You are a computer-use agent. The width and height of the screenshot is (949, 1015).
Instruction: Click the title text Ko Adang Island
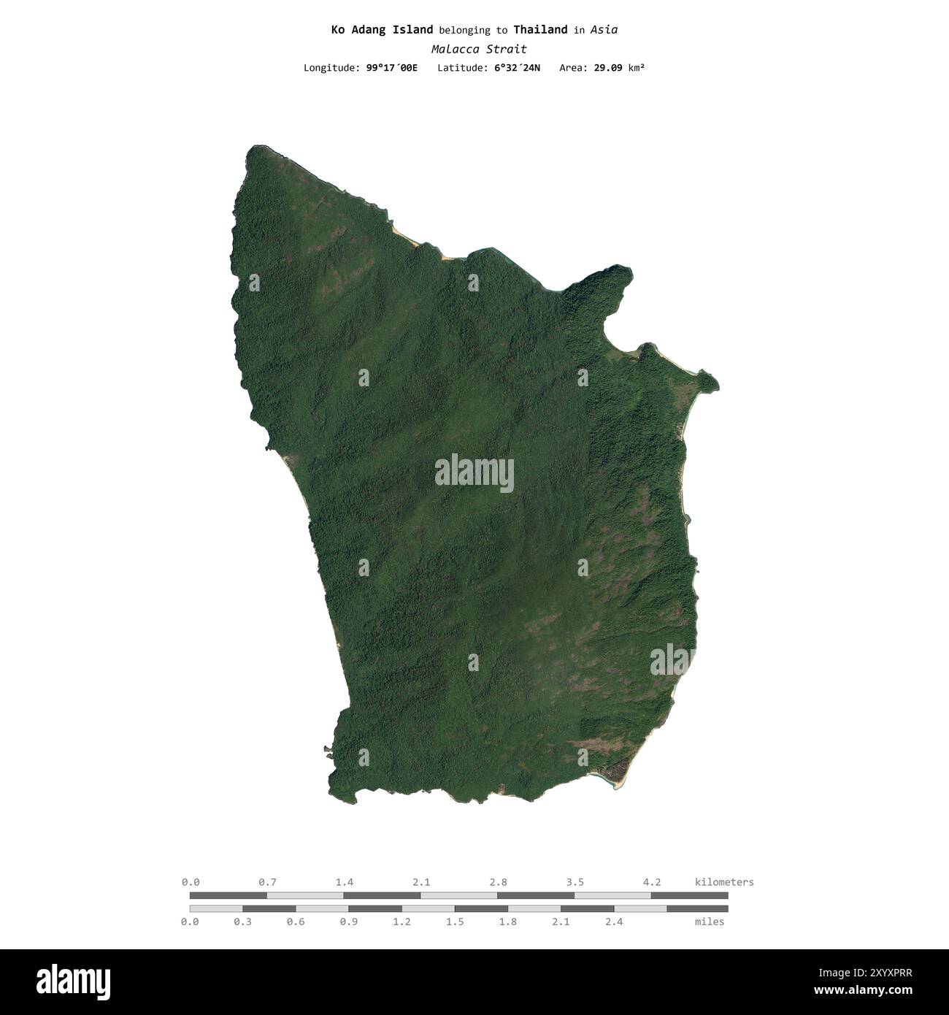tap(382, 30)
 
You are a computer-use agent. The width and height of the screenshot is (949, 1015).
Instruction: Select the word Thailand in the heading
tap(540, 30)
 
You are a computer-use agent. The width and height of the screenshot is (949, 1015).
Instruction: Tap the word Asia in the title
tap(604, 30)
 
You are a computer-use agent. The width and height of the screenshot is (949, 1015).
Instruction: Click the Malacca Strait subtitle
tap(478, 50)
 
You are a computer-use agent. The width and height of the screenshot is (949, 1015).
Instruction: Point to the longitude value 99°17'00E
tap(392, 68)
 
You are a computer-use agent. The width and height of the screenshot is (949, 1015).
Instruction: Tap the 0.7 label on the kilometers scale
tap(268, 882)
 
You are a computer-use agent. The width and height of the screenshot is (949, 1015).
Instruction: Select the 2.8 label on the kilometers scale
tap(499, 882)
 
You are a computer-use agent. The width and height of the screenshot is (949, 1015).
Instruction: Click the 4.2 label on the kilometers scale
tap(652, 882)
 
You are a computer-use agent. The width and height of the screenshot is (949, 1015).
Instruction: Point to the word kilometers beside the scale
tap(724, 882)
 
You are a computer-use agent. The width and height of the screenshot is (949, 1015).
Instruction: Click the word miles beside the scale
tap(710, 922)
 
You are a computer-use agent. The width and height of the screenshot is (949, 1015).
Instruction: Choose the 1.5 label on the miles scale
tap(455, 922)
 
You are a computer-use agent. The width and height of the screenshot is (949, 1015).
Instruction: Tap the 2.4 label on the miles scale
tap(614, 922)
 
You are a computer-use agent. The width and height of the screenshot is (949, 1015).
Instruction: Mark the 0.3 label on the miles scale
tap(243, 922)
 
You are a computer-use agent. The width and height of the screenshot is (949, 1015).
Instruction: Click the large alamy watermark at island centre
tap(474, 473)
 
